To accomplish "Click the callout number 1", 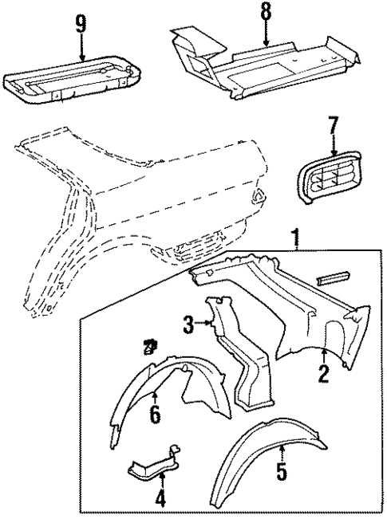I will pyautogui.click(x=296, y=237).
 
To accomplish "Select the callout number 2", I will pyautogui.click(x=322, y=372).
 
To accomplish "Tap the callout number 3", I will pyautogui.click(x=188, y=324).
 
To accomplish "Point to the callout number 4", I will pyautogui.click(x=161, y=501).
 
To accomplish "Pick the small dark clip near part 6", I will pyautogui.click(x=148, y=346).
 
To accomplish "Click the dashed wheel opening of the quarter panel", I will pyautogui.click(x=60, y=247).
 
